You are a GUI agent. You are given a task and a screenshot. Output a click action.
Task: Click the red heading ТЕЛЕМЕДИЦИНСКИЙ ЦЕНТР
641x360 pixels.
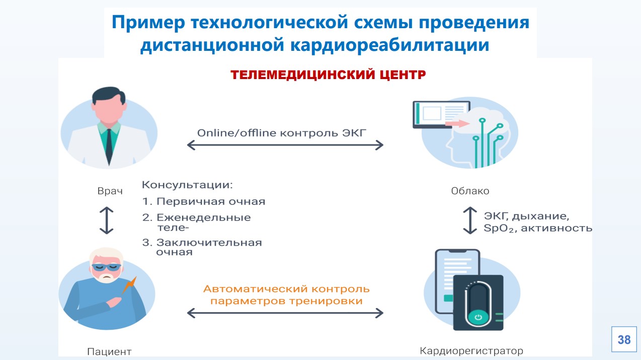click(328, 75)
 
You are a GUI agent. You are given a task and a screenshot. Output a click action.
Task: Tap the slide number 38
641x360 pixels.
click(624, 340)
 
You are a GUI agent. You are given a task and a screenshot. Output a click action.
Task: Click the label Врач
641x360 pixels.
click(110, 192)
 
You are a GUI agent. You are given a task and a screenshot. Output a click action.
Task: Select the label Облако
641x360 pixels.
click(470, 191)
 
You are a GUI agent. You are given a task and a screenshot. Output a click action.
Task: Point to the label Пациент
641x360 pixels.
click(109, 351)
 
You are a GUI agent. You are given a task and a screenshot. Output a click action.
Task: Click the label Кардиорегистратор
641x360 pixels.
click(471, 350)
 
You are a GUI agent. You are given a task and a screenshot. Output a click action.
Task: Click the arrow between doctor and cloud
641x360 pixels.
click(285, 146)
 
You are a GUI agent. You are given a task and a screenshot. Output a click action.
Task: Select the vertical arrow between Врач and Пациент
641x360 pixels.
click(107, 221)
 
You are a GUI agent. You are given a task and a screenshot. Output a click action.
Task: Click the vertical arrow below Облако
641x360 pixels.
click(469, 221)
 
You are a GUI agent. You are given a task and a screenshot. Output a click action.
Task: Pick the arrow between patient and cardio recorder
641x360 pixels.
click(285, 313)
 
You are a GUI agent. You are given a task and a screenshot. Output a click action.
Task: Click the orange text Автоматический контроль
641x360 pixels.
click(286, 289)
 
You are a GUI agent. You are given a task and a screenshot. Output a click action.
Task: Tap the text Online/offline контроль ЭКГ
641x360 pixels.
click(282, 133)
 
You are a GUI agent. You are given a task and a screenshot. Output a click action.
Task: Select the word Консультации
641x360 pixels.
click(188, 185)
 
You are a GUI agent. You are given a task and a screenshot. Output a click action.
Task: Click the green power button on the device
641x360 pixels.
click(478, 317)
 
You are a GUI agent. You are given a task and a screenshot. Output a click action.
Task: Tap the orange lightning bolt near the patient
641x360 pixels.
click(128, 285)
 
